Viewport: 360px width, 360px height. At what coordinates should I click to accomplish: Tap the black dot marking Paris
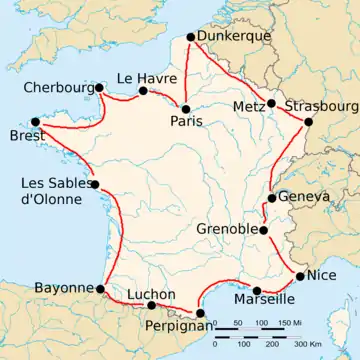pos(185,107)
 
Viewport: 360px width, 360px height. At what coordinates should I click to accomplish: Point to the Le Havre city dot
pos(143,91)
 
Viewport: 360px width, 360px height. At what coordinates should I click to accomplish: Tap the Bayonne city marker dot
pos(101,289)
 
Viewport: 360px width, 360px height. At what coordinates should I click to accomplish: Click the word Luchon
pos(152,294)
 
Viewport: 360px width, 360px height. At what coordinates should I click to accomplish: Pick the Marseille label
pos(263,298)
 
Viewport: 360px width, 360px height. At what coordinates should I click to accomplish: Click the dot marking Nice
pos(301,276)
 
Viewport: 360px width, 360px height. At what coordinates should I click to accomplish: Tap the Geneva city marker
pos(271,198)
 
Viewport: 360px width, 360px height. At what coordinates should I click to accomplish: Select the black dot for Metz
pos(271,104)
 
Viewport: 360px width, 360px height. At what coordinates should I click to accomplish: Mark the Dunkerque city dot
pos(191,40)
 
